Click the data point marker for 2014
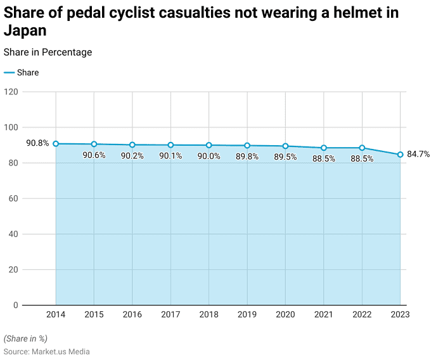click(x=56, y=144)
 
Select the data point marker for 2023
click(x=400, y=155)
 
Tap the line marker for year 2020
click(x=285, y=146)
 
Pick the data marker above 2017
click(x=170, y=145)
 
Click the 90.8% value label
click(x=37, y=143)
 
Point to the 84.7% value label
click(x=418, y=154)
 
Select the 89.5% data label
click(x=285, y=157)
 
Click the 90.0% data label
click(x=209, y=157)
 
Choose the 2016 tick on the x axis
click(x=132, y=314)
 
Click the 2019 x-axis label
click(x=247, y=314)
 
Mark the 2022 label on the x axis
click(x=362, y=314)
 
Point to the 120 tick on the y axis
click(x=11, y=92)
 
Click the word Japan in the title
click(x=25, y=30)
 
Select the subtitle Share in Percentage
click(x=48, y=52)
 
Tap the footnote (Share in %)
click(x=26, y=339)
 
